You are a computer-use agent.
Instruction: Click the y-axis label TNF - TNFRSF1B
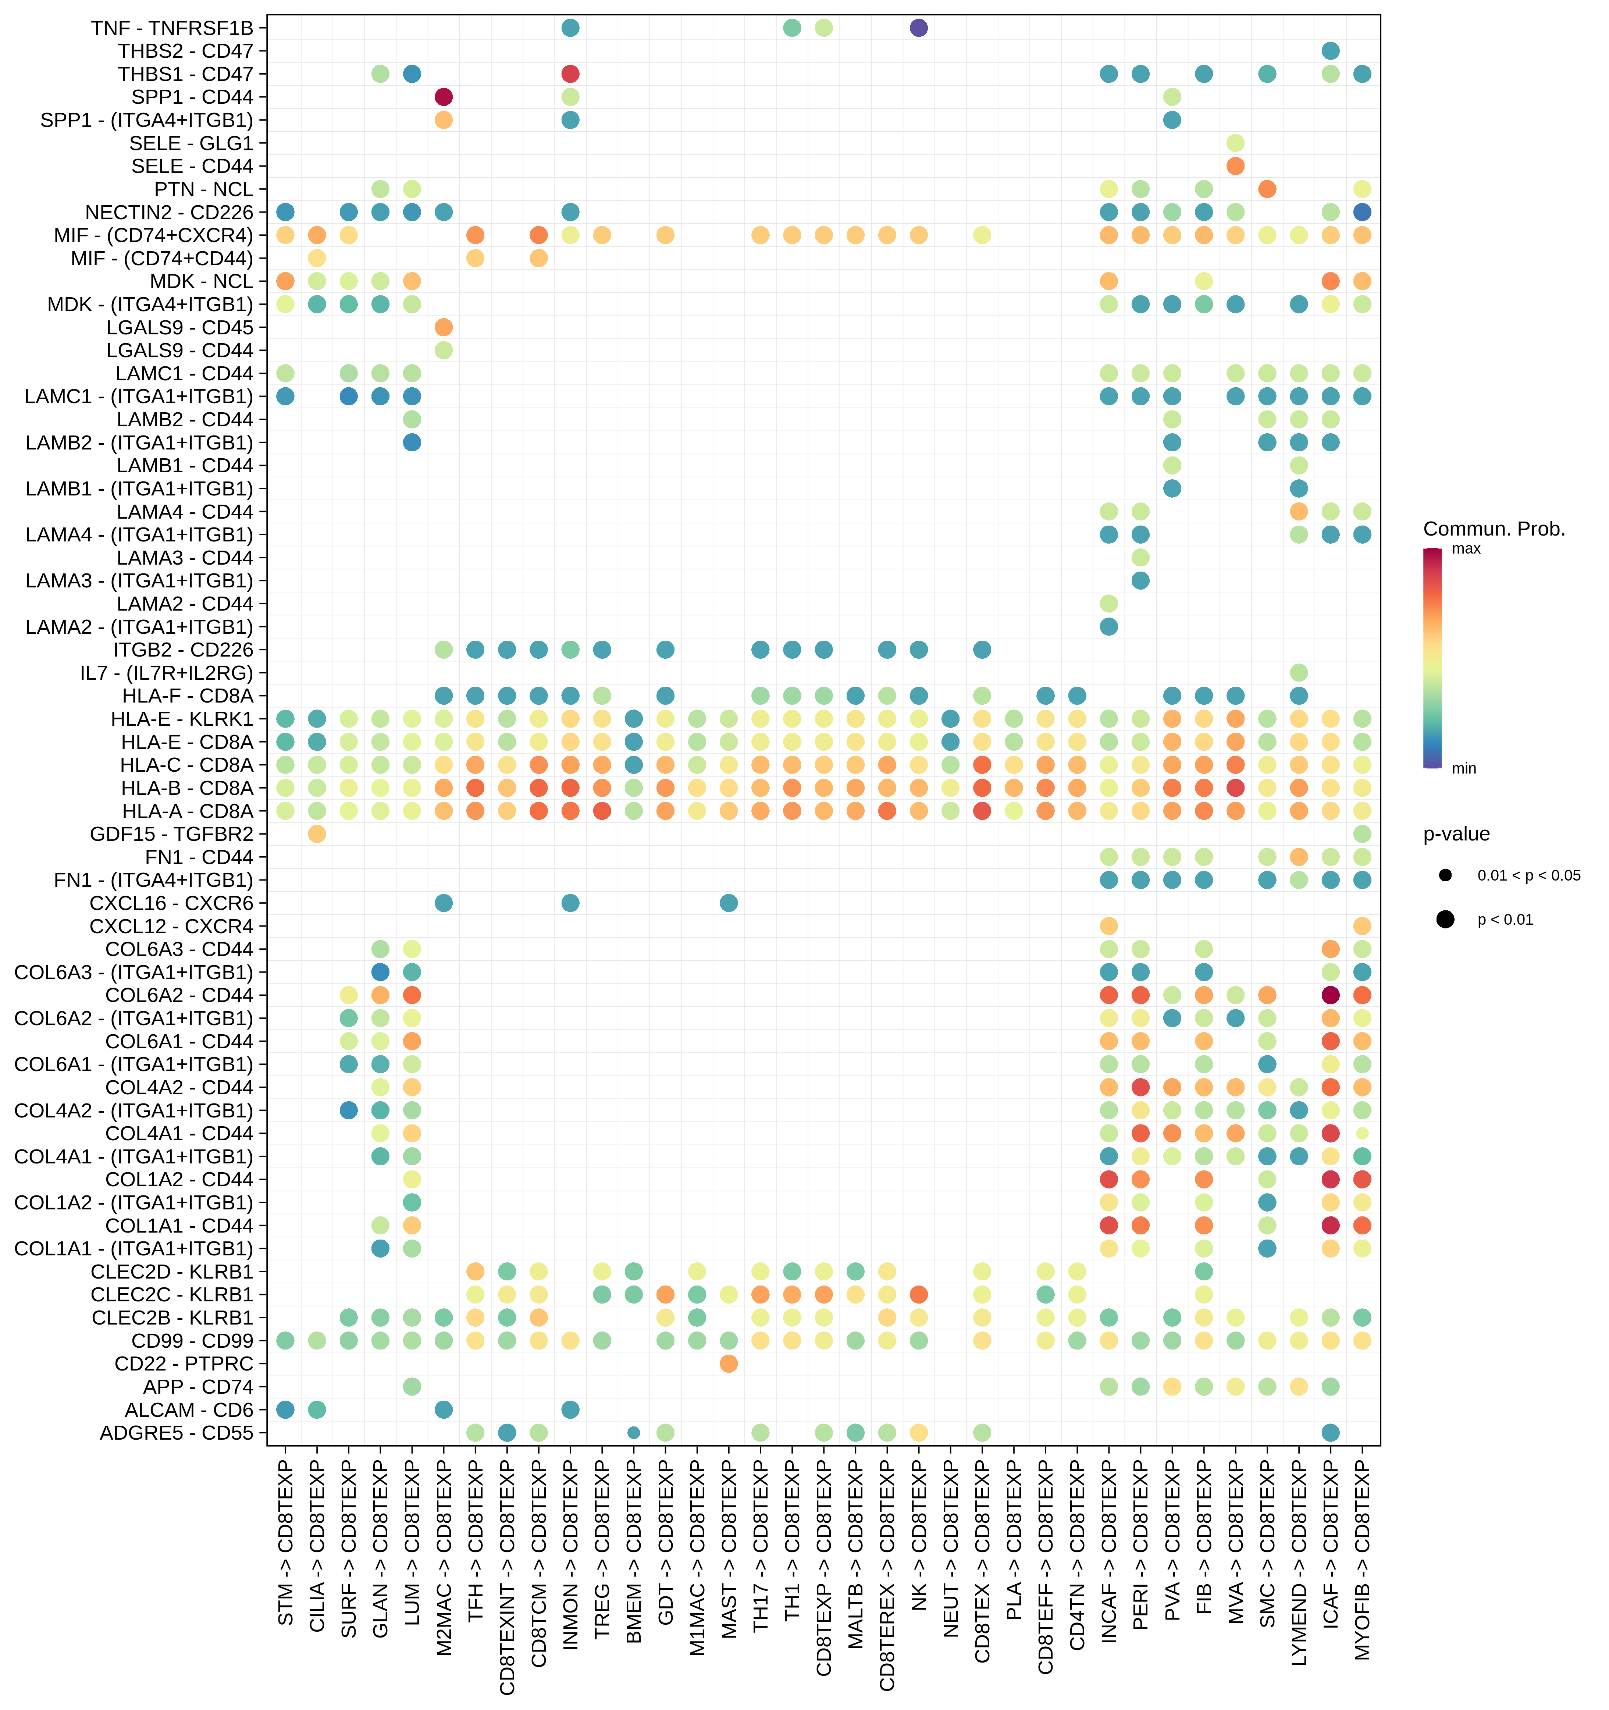click(x=172, y=28)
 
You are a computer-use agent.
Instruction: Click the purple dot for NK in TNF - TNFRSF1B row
click(x=918, y=28)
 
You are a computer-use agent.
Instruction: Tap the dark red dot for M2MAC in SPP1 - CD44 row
click(x=444, y=97)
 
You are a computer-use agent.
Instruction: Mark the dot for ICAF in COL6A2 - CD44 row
click(x=1330, y=995)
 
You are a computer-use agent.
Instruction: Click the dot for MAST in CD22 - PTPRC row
click(x=729, y=1364)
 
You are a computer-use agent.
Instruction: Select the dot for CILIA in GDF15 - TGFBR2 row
click(x=317, y=834)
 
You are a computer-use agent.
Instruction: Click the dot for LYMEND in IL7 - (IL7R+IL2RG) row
click(x=1299, y=673)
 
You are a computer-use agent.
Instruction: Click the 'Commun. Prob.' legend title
click(x=1494, y=529)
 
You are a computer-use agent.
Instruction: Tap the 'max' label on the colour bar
click(x=1466, y=549)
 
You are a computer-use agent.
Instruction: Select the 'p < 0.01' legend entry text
click(x=1505, y=920)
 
